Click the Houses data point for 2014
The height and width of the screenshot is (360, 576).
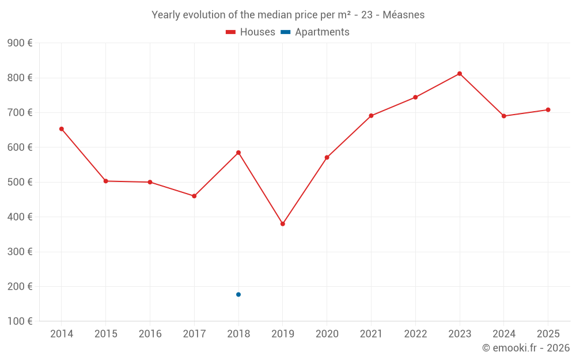[62, 129]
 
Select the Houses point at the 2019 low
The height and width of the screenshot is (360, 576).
[283, 224]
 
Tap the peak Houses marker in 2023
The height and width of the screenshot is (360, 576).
[460, 74]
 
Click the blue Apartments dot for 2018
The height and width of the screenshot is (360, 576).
[238, 294]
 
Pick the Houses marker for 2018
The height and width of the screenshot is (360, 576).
[238, 153]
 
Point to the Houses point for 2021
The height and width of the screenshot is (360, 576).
[371, 116]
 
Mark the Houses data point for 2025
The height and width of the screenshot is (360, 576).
[548, 110]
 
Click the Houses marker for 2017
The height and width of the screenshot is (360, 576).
[194, 196]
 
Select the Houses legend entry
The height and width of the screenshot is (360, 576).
[251, 32]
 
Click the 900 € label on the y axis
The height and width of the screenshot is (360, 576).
[20, 43]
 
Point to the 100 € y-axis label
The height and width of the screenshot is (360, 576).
[20, 321]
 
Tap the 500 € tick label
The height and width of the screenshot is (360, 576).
[20, 182]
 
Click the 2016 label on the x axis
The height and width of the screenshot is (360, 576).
[150, 334]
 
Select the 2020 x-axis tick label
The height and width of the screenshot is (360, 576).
[327, 334]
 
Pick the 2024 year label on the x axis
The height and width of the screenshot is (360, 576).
[503, 334]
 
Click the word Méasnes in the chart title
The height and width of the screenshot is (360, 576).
[403, 15]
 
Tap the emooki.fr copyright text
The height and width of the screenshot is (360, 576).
[526, 348]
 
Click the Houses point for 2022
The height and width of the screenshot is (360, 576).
[415, 97]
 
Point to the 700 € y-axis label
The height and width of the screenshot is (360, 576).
[20, 112]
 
